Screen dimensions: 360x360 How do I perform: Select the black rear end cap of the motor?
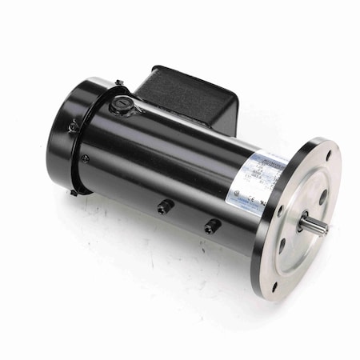68,136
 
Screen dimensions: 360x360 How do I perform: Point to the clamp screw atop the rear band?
118,82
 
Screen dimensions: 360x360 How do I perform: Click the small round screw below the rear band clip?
85,158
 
